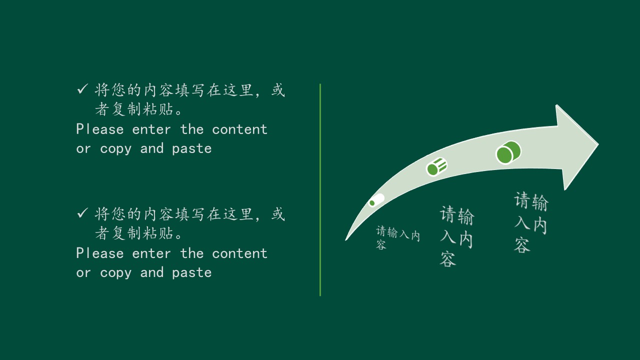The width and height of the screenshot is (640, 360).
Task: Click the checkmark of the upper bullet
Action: point(82,89)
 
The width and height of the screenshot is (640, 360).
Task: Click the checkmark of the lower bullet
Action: point(82,213)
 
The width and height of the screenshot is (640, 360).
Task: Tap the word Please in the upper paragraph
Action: point(100,129)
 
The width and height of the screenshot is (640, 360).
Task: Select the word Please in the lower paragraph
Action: point(100,253)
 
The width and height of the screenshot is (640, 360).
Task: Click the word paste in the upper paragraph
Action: point(192,149)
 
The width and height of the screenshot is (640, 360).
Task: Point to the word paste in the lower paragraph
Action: point(192,273)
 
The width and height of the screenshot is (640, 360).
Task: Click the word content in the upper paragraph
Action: point(239,129)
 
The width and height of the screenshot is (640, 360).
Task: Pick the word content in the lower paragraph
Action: point(239,253)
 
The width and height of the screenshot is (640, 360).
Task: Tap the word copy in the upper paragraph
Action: point(115,149)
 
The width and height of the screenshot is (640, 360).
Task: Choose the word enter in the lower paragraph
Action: point(151,253)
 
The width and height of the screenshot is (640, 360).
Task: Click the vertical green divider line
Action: point(320,189)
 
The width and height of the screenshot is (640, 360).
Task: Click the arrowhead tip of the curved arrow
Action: point(598,144)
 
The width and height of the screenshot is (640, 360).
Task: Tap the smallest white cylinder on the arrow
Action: point(376,200)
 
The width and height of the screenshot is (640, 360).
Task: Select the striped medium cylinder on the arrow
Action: point(436,166)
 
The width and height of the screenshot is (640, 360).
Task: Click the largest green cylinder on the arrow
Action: point(508,152)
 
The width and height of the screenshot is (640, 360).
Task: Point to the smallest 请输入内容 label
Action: point(397,237)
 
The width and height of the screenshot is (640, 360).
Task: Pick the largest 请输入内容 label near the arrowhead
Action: point(531,222)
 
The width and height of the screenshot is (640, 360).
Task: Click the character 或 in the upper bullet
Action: point(278,90)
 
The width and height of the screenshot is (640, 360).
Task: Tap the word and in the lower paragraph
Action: point(152,272)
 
